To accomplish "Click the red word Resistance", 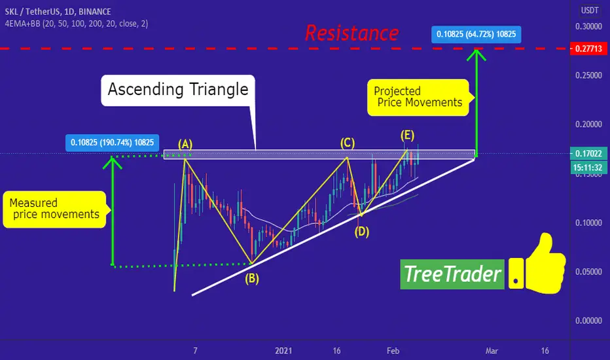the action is (x=351, y=33).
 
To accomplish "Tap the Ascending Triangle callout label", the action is (x=178, y=90).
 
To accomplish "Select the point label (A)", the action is (x=185, y=144).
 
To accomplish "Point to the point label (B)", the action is (x=252, y=279).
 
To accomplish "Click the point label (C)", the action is (x=348, y=143).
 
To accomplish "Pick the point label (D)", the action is (x=361, y=232).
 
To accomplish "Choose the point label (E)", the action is (x=407, y=135).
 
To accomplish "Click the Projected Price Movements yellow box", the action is (x=418, y=98).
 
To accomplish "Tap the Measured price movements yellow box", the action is (x=54, y=209).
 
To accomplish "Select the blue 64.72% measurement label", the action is (x=476, y=34).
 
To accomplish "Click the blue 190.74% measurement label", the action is (x=113, y=143).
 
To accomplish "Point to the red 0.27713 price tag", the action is (x=588, y=49).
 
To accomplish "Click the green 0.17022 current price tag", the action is (x=588, y=153).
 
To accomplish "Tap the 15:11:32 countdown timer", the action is (x=588, y=168).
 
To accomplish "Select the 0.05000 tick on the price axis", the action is (x=588, y=272).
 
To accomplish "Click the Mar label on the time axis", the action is (x=492, y=351).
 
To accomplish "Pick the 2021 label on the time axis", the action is (x=283, y=351).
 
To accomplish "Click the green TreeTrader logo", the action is (x=452, y=274).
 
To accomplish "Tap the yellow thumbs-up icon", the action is (x=537, y=264).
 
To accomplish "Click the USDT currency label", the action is (x=590, y=10).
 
